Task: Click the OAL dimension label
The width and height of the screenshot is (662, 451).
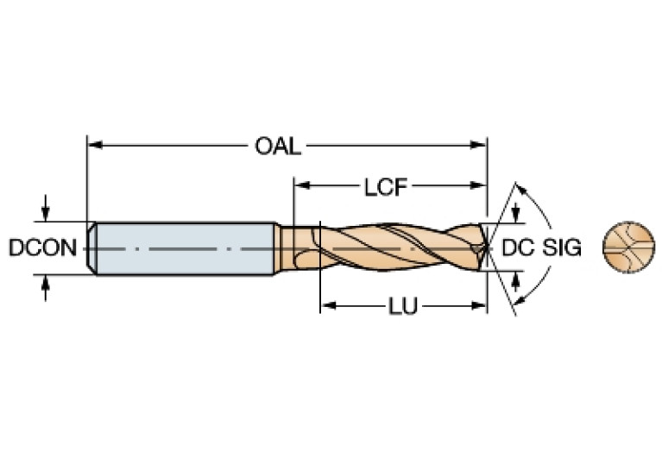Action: point(277,146)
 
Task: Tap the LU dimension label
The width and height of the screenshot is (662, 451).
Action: point(398,306)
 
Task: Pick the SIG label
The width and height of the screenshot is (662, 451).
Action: point(562,248)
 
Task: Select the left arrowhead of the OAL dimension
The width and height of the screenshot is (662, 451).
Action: point(93,146)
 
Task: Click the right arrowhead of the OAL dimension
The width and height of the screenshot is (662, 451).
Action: point(481,146)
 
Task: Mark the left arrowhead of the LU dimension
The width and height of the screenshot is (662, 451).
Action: point(326,306)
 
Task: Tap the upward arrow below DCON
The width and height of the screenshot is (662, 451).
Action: point(45,284)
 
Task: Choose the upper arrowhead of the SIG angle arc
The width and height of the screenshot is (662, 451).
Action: point(520,189)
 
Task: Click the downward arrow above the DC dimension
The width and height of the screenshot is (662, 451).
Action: point(516,215)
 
